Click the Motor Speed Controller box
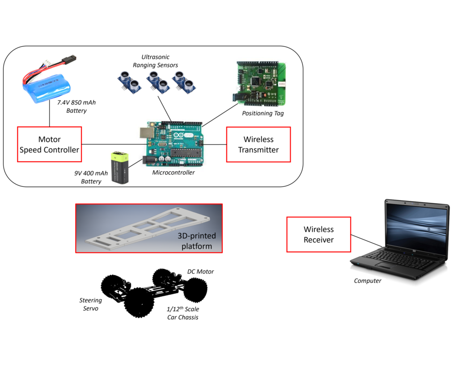(x=49, y=145)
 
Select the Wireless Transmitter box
(x=259, y=144)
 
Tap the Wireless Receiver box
(x=318, y=235)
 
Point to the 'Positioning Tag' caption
(x=263, y=114)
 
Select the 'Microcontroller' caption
(x=174, y=173)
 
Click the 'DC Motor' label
(x=200, y=272)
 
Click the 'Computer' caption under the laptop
(x=368, y=281)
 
